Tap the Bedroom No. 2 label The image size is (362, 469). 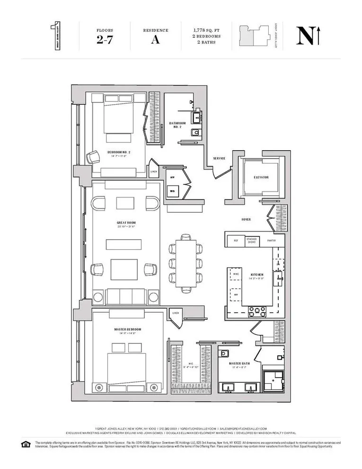click(x=119, y=152)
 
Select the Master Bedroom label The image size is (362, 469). click(x=127, y=329)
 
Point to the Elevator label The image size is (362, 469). click(x=261, y=177)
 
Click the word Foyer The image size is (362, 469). click(x=246, y=219)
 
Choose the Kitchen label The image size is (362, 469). click(x=257, y=274)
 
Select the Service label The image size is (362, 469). click(x=219, y=158)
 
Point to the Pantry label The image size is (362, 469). click(x=272, y=241)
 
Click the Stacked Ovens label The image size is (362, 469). click(x=252, y=241)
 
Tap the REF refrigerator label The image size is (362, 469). click(x=236, y=241)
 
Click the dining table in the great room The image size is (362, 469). click(x=185, y=263)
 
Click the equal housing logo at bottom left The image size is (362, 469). click(x=25, y=444)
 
